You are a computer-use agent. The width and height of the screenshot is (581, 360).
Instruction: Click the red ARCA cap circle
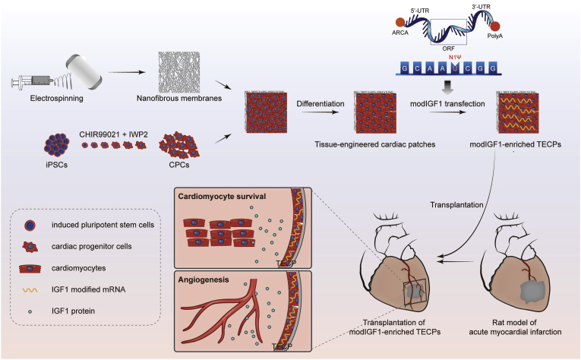coord(400,22)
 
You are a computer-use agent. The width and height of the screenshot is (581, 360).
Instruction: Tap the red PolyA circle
coord(495,27)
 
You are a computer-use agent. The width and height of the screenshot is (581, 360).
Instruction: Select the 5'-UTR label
coord(420,11)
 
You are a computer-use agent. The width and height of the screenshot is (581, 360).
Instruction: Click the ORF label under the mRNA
coord(448,49)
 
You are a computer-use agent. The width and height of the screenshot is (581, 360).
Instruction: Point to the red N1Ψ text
coord(455,58)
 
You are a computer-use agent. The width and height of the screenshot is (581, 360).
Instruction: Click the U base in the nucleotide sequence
coord(455,68)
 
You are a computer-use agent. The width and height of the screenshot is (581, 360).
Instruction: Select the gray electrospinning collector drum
coord(84,71)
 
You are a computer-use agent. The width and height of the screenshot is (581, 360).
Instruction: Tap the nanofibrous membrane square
coord(179,72)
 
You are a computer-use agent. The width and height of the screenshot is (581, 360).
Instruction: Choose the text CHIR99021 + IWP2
coord(113,134)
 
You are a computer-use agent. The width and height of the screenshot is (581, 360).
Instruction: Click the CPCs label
coord(179,165)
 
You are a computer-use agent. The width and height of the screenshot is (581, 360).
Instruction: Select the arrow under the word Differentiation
coord(320,112)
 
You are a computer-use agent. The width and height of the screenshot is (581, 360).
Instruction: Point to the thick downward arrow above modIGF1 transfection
coord(447,87)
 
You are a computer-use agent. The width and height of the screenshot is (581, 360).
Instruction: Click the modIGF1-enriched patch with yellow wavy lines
coord(517,112)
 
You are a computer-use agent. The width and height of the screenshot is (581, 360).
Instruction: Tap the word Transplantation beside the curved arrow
coord(456,205)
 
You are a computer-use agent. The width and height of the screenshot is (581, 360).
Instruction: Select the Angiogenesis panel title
coord(204,279)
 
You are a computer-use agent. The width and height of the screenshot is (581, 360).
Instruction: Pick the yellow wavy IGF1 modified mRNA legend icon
coord(30,290)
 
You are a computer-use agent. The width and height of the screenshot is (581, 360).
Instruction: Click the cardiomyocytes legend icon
coord(30,268)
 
